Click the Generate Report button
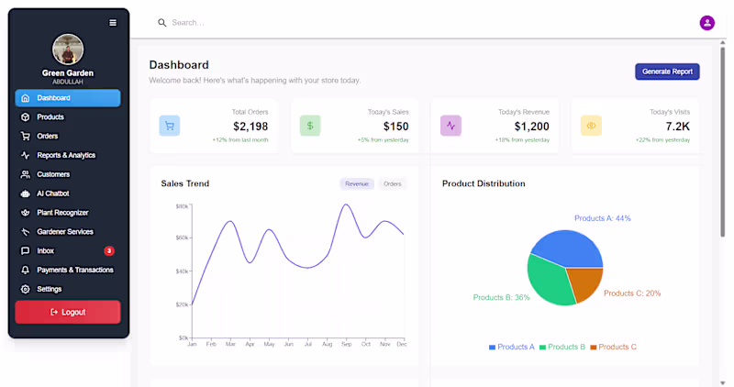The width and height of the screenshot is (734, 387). [x=667, y=72]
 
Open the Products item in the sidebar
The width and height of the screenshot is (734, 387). [x=50, y=117]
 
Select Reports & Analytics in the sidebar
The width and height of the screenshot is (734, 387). [x=66, y=155]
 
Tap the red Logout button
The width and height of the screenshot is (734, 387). [x=68, y=312]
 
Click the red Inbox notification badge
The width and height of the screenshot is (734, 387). [x=109, y=250]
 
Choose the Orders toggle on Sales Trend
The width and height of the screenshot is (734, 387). [x=392, y=183]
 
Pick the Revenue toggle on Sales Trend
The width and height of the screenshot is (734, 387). [x=357, y=183]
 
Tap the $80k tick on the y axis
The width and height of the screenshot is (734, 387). [x=183, y=206]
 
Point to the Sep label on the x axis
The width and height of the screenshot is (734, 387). [x=346, y=344]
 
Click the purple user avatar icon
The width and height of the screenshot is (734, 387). [x=707, y=23]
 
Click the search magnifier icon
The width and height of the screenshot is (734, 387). [x=162, y=23]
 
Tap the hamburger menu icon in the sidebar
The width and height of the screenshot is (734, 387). [x=113, y=23]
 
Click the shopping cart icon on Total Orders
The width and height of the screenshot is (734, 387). [x=170, y=126]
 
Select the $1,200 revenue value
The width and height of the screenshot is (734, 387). [x=531, y=127]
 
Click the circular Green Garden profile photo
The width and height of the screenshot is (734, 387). [x=68, y=50]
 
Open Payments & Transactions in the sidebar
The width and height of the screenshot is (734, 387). [x=75, y=270]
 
